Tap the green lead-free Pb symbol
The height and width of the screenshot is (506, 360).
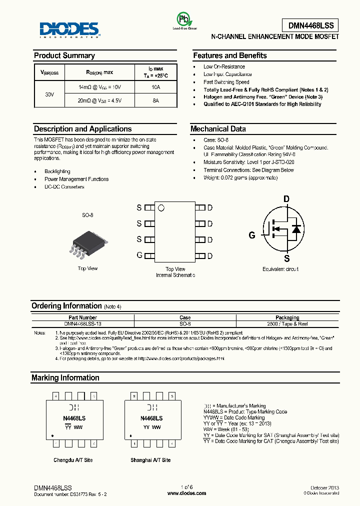pyautogui.click(x=184, y=19)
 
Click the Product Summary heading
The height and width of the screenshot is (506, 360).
pyautogui.click(x=64, y=55)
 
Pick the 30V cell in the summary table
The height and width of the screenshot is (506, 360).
pyautogui.click(x=49, y=94)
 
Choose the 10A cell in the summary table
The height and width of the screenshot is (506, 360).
pyautogui.click(x=155, y=87)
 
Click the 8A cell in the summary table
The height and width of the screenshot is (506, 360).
pyautogui.click(x=155, y=100)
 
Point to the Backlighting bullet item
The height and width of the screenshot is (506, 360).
pyautogui.click(x=57, y=171)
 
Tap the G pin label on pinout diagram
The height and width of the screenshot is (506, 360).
pyautogui.click(x=139, y=255)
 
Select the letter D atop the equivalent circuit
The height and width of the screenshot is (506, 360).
pyautogui.click(x=286, y=199)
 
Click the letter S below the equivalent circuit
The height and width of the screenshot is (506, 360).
pyautogui.click(x=287, y=258)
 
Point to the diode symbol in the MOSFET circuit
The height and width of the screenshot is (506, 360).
pyautogui.click(x=295, y=229)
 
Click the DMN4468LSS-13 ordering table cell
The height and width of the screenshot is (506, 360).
pyautogui.click(x=83, y=324)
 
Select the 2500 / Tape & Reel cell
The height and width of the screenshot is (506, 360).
pyautogui.click(x=287, y=324)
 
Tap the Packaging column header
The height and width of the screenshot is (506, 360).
pyautogui.click(x=287, y=317)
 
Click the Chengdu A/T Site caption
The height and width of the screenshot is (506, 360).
pyautogui.click(x=73, y=460)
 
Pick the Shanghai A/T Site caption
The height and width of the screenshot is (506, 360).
pyautogui.click(x=150, y=460)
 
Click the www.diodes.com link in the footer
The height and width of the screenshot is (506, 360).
pyautogui.click(x=186, y=493)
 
